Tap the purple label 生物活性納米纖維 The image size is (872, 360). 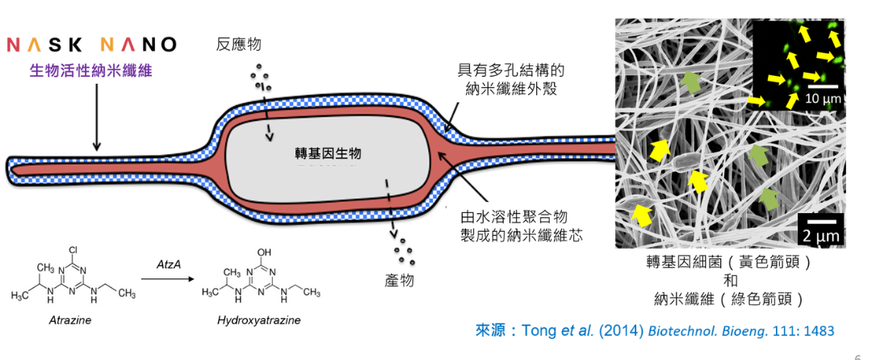click(x=92, y=71)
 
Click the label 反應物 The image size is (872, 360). click(x=238, y=44)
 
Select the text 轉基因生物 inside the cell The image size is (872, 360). click(x=328, y=153)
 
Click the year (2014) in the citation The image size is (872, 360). click(x=621, y=331)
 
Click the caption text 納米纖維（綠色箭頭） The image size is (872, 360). click(x=729, y=299)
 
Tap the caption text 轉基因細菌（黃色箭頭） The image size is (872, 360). click(x=729, y=261)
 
